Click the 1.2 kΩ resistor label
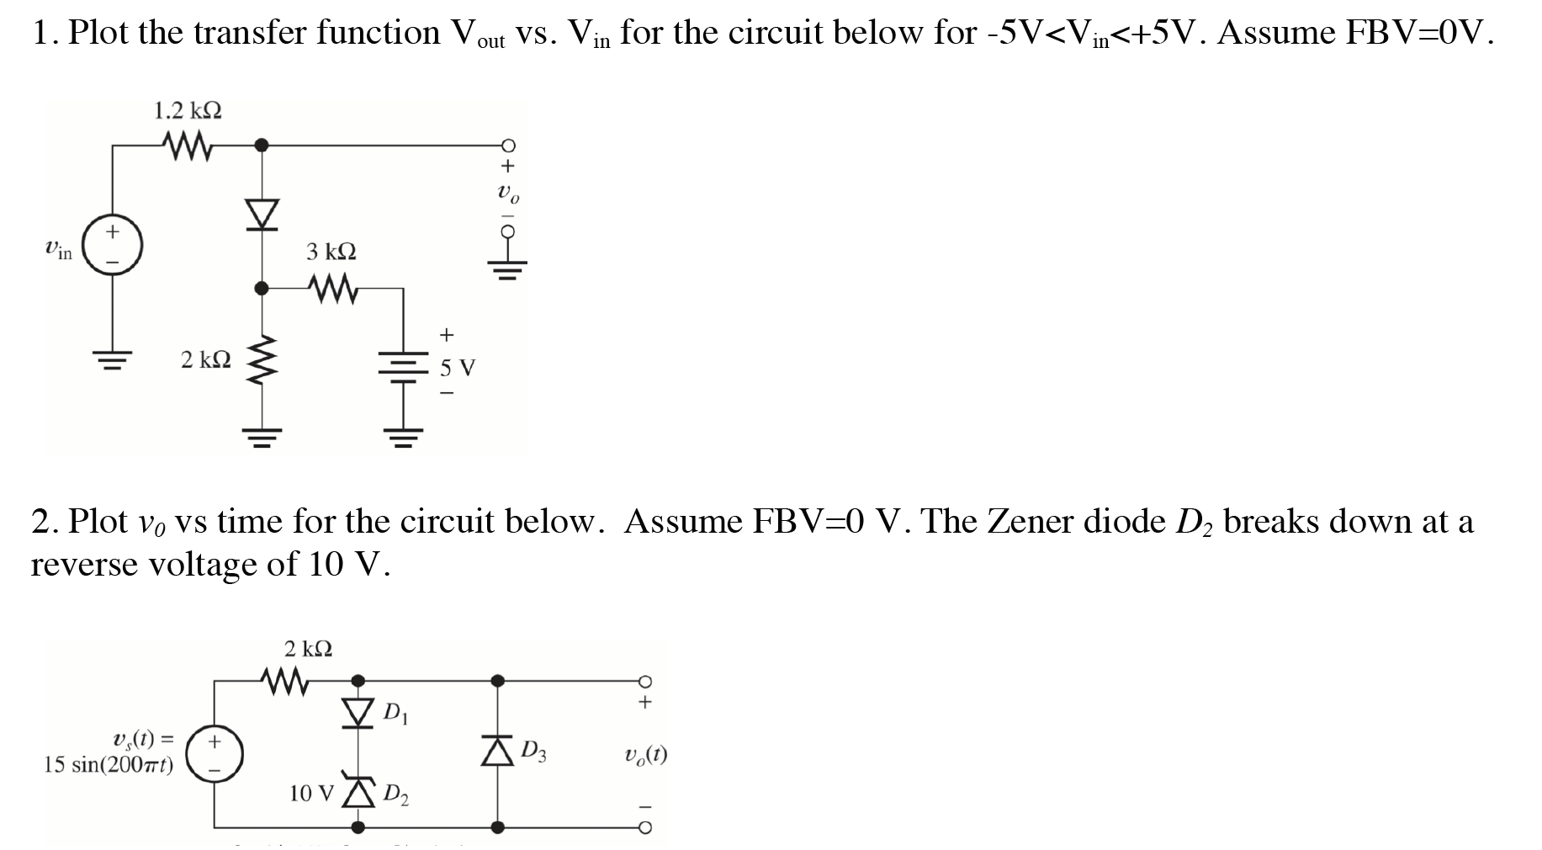(x=188, y=111)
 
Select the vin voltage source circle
(x=112, y=246)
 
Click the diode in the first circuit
(x=262, y=215)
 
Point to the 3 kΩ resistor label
(x=331, y=252)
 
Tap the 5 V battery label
(x=458, y=368)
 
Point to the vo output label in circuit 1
(x=508, y=195)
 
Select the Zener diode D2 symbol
(x=359, y=792)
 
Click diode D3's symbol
(x=498, y=750)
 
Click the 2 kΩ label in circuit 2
(x=308, y=649)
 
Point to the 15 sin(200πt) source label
(x=109, y=765)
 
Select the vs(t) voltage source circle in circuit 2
(x=214, y=754)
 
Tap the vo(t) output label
(x=645, y=754)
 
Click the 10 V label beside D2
(x=312, y=793)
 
